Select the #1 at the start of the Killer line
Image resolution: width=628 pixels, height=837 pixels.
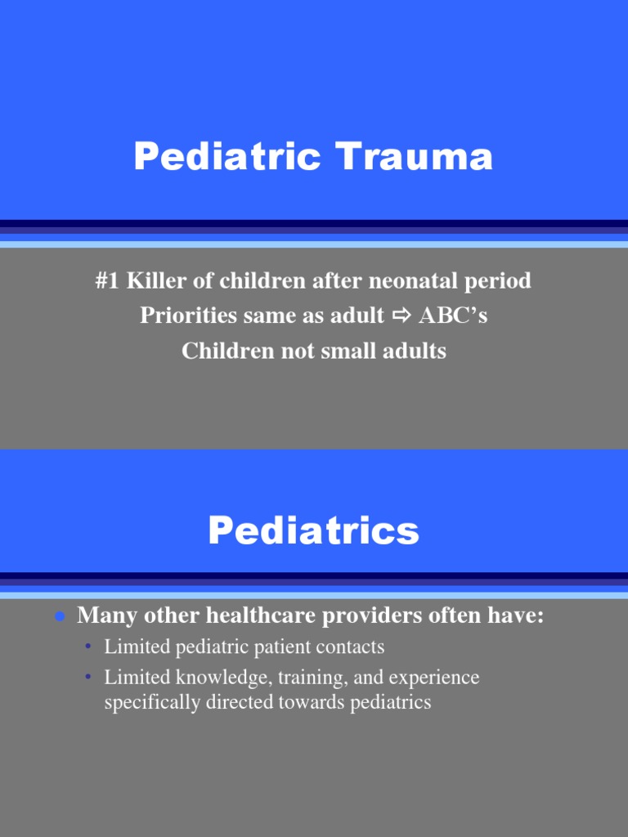coord(109,281)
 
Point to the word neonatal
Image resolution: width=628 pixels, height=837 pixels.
coord(410,281)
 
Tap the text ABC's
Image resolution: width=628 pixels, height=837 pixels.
coord(452,316)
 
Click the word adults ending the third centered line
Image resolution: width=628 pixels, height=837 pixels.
coord(417,351)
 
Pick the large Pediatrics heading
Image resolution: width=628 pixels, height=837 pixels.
coord(313,531)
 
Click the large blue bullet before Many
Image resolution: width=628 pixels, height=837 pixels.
coord(60,617)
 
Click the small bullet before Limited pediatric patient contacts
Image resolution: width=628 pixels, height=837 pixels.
coord(88,648)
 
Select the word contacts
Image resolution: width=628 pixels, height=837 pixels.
coord(353,647)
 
